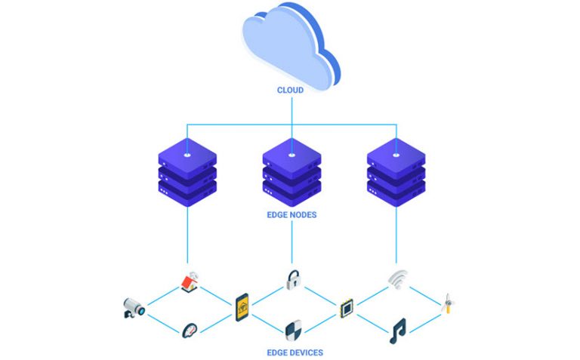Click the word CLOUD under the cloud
[290, 90]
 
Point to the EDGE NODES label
[292, 214]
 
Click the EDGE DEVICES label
[292, 352]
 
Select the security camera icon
[133, 306]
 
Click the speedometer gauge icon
[190, 330]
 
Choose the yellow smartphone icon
[242, 305]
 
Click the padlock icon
[292, 280]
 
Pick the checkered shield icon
[293, 329]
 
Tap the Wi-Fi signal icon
[397, 280]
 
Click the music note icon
[397, 330]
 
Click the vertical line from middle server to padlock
[292, 242]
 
